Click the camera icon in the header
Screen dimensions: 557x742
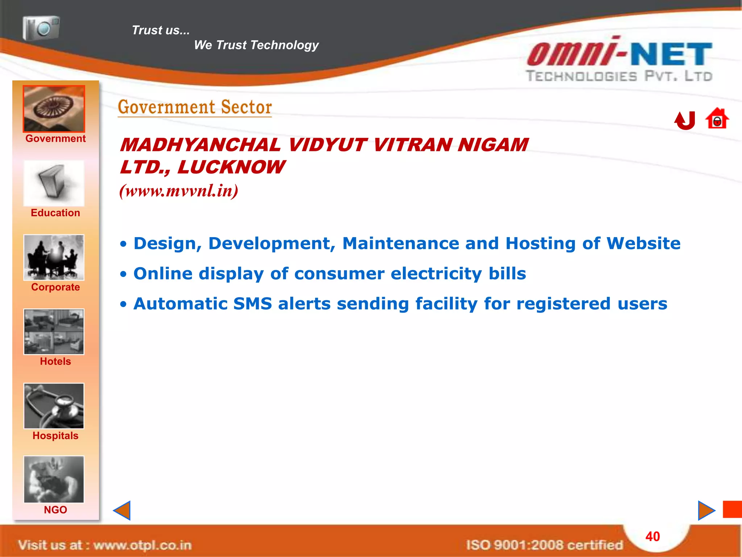41,28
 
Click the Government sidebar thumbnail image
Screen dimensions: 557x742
54,109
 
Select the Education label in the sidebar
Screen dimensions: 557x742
55,213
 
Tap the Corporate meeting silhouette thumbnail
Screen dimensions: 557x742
54,257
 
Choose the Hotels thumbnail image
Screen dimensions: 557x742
54,331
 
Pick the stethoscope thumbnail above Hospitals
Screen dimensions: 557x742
54,406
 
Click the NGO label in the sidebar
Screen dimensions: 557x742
55,510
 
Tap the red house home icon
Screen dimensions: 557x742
717,119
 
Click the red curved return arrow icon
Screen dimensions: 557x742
685,120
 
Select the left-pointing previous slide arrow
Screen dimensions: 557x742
122,510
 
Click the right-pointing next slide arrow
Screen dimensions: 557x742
706,510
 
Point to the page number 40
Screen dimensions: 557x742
653,536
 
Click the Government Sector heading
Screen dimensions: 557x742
195,107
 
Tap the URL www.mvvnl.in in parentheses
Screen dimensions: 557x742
179,191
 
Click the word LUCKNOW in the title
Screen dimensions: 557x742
231,167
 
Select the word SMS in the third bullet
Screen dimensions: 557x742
253,304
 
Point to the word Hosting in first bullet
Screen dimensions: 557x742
541,243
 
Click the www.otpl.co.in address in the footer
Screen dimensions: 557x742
142,545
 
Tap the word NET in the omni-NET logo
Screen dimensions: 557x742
671,54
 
